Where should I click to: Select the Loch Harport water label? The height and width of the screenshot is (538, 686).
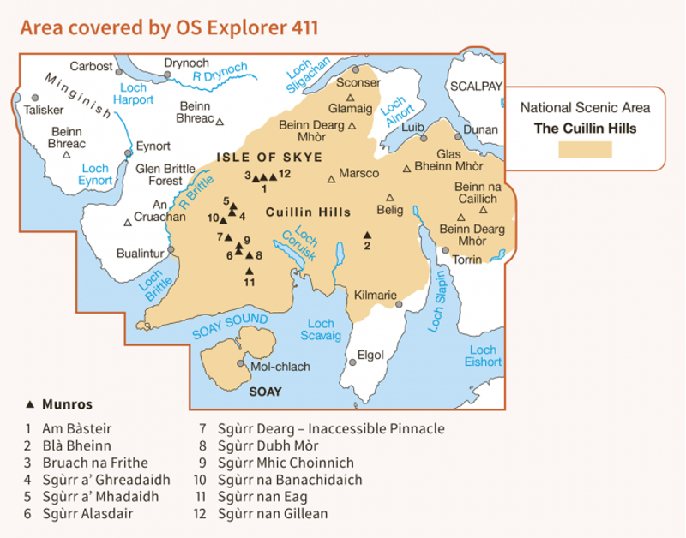click(137, 93)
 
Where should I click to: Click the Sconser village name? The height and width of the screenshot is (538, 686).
click(358, 83)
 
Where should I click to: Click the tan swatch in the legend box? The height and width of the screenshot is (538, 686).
click(585, 149)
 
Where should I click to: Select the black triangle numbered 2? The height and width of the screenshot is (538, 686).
click(367, 235)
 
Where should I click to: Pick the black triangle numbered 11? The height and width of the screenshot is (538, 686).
click(249, 271)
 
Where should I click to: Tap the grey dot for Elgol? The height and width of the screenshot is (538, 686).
click(352, 362)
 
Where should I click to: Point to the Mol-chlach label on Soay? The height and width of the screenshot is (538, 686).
click(279, 366)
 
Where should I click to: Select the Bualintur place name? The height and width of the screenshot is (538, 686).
click(140, 254)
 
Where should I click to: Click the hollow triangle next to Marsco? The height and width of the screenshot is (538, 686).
click(332, 180)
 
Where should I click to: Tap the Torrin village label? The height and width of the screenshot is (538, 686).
click(467, 259)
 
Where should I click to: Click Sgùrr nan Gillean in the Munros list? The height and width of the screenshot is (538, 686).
click(272, 514)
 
